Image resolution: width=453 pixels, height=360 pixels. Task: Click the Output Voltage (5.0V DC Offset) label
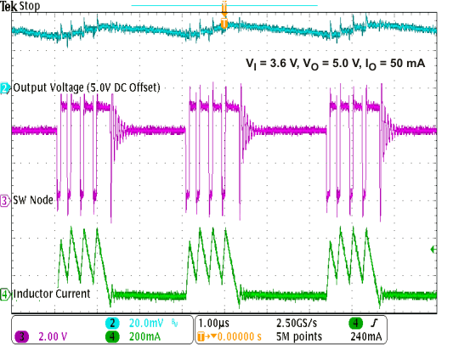86,88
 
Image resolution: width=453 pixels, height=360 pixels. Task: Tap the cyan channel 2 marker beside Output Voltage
5,88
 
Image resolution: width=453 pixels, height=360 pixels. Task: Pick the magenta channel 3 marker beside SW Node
5,200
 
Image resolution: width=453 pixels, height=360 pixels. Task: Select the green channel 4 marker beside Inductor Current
5,294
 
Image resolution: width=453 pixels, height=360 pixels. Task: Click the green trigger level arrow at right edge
434,250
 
